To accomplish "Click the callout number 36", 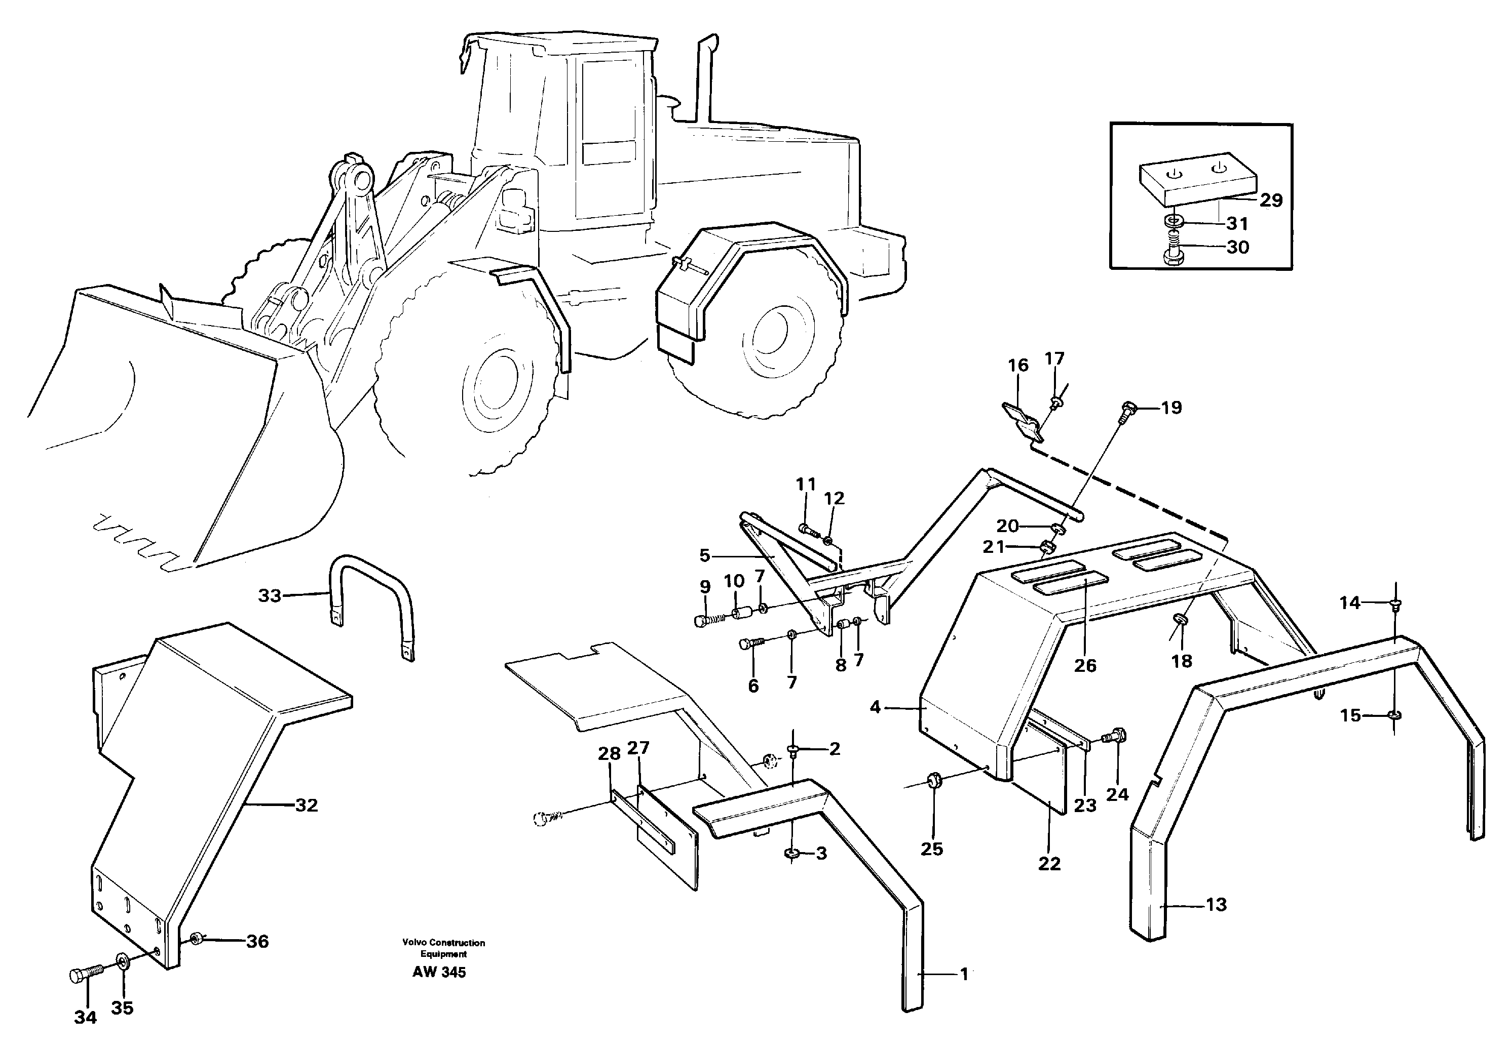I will [257, 941].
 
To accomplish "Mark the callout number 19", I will [1171, 408].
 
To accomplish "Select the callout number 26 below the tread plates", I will [1085, 665].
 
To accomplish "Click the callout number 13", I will [1216, 904].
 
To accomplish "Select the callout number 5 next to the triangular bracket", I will [704, 556].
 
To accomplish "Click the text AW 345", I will [439, 973].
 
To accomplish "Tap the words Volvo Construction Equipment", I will [443, 948].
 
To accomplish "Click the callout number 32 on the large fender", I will [306, 805].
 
